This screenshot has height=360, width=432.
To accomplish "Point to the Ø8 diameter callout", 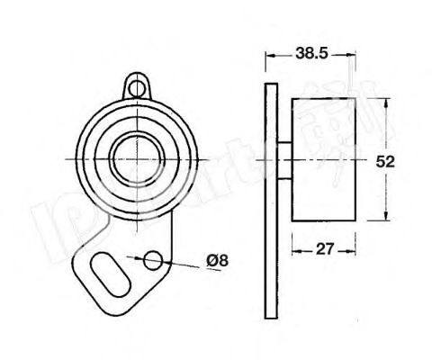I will (x=217, y=261).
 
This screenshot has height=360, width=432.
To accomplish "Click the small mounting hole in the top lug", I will (x=136, y=87).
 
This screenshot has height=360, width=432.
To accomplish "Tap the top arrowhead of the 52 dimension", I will (x=386, y=97).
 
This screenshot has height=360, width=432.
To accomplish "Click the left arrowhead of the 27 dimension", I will (x=293, y=249).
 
